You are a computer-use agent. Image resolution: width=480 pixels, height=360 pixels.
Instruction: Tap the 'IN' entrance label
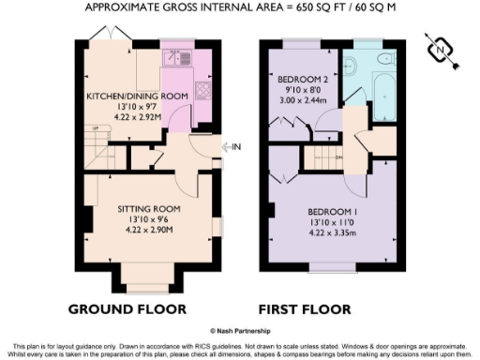(x=236, y=146)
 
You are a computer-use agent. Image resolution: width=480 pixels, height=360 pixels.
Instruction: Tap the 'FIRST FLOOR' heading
(x=308, y=308)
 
